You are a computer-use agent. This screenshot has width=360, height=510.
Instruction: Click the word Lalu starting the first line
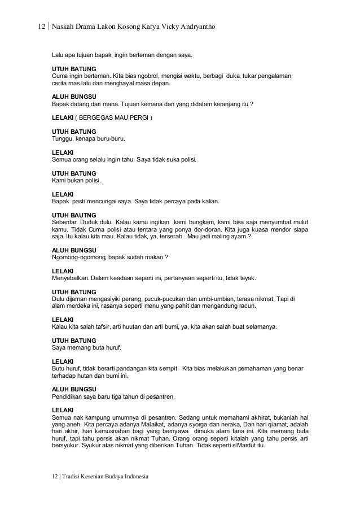58,55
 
